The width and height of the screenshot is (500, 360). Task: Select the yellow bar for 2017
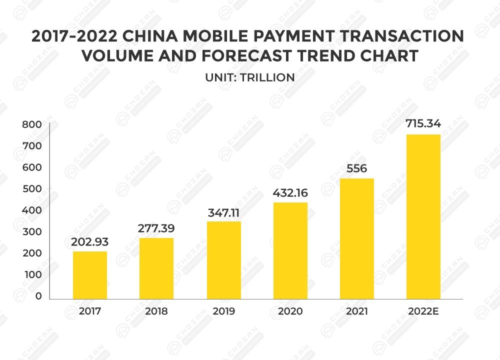click(90, 275)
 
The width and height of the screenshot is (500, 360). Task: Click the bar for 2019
click(223, 260)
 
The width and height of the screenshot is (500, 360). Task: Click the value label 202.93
click(90, 242)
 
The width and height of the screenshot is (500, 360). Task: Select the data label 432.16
click(290, 192)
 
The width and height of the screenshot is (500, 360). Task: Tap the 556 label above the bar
click(356, 168)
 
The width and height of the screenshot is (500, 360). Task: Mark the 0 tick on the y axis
click(38, 296)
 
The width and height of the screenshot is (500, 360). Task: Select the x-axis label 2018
click(156, 311)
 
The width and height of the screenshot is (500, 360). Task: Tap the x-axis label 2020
click(290, 311)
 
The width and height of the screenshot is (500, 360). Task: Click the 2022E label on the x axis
click(423, 311)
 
